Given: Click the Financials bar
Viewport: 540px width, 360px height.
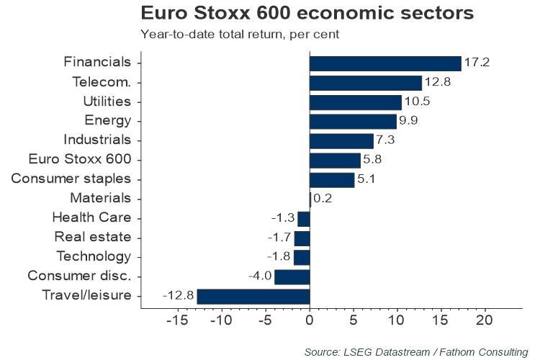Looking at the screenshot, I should point(385,63).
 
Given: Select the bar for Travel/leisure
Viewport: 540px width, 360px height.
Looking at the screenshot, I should point(253,296).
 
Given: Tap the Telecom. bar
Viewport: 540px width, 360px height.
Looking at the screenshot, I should point(366,83).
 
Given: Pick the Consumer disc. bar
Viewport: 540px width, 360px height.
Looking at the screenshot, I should point(292,276).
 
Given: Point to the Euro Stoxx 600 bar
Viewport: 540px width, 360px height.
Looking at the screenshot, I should point(335,160).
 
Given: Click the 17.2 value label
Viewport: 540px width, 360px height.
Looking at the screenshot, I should point(476,63).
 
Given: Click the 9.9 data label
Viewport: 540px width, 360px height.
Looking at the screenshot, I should point(410,121).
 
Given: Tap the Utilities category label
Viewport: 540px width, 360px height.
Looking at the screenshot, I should point(107,102).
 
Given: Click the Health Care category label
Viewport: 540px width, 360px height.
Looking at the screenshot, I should point(91,217).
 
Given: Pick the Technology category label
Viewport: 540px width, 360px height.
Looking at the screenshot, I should point(94,256).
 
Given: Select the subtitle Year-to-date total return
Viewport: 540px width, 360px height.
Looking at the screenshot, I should point(240,34).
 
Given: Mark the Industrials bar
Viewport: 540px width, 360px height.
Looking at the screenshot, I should point(341,140).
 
